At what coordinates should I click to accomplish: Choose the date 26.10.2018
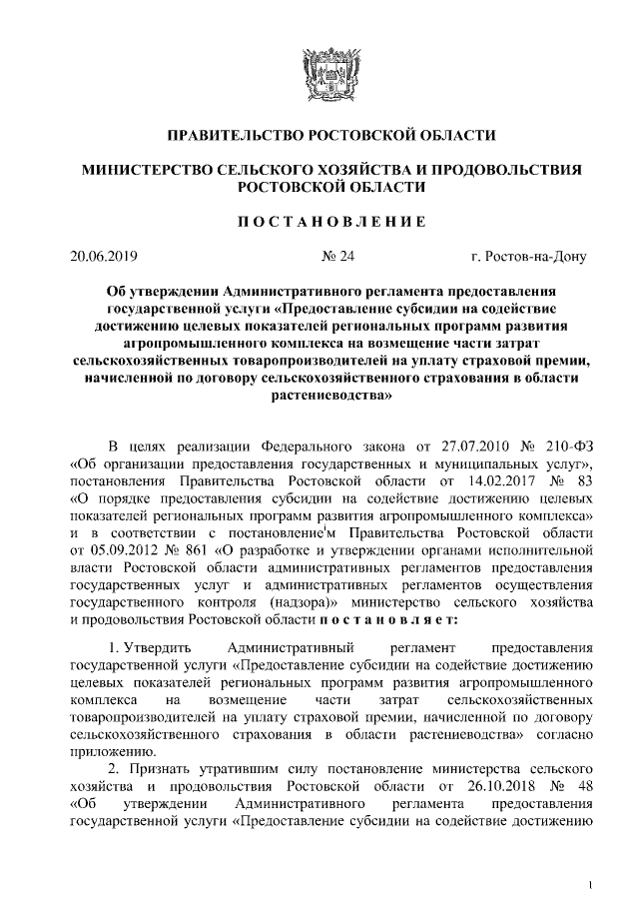point(490,788)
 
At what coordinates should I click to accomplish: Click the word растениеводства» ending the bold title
point(319,396)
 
